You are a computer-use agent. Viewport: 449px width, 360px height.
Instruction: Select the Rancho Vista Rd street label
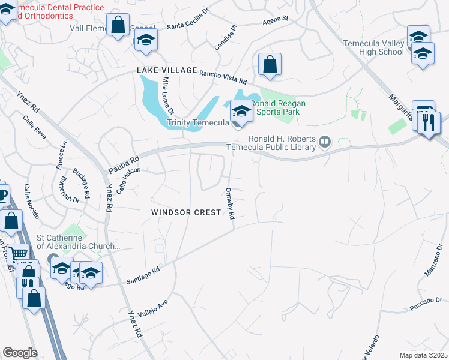223,76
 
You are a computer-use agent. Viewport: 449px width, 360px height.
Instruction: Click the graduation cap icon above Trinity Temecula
241,110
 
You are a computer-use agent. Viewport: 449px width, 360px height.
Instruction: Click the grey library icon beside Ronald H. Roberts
325,142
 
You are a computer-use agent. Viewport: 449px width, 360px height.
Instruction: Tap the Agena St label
276,19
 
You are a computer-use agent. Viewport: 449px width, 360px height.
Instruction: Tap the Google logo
20,353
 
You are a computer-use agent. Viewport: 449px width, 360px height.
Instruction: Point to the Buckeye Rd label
82,179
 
